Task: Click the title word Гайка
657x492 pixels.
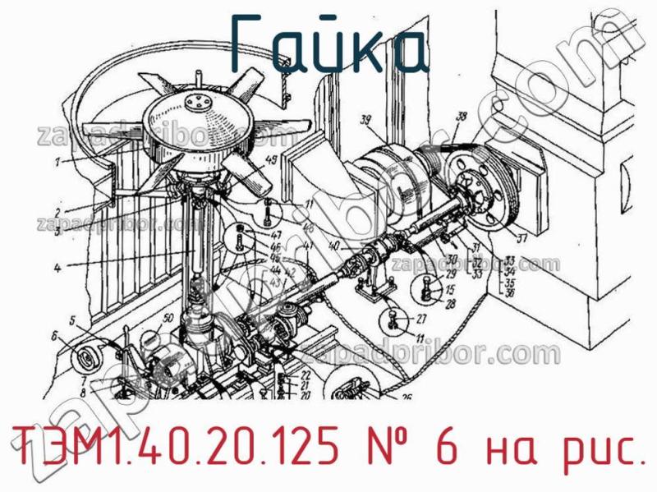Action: click(x=327, y=43)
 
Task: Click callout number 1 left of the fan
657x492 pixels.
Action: click(x=58, y=162)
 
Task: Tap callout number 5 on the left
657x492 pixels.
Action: click(x=73, y=320)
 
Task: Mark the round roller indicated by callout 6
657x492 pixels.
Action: click(x=85, y=359)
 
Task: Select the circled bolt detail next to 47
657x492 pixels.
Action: click(x=239, y=240)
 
